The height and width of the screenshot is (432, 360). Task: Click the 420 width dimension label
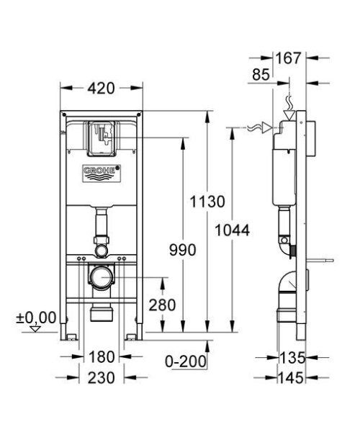pyautogui.click(x=100, y=89)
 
